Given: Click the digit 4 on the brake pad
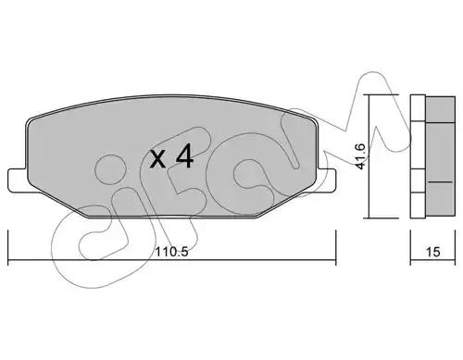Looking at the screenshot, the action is tap(184, 156).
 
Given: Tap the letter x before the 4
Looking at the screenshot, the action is tap(157, 160).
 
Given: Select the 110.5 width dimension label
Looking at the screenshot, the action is tap(171, 252).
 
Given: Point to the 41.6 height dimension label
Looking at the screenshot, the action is tap(360, 155).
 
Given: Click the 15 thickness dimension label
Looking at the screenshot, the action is tap(432, 252).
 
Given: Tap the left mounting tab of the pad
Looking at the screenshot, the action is tap(18, 180).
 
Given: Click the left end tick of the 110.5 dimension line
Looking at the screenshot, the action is tap(7, 247).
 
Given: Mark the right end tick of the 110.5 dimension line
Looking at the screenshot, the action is tap(335, 247).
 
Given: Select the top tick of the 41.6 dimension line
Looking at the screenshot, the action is tap(382, 94).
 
